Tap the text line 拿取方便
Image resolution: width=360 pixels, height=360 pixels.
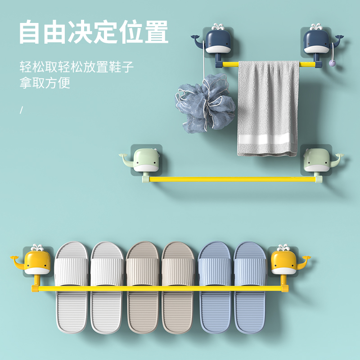point(45,84)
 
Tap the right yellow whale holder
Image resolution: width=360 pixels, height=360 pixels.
point(284,263)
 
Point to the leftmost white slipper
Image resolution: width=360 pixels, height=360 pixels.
point(71,288)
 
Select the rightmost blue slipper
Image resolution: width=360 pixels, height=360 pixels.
point(251,288)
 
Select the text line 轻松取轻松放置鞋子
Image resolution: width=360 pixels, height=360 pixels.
point(76,68)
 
